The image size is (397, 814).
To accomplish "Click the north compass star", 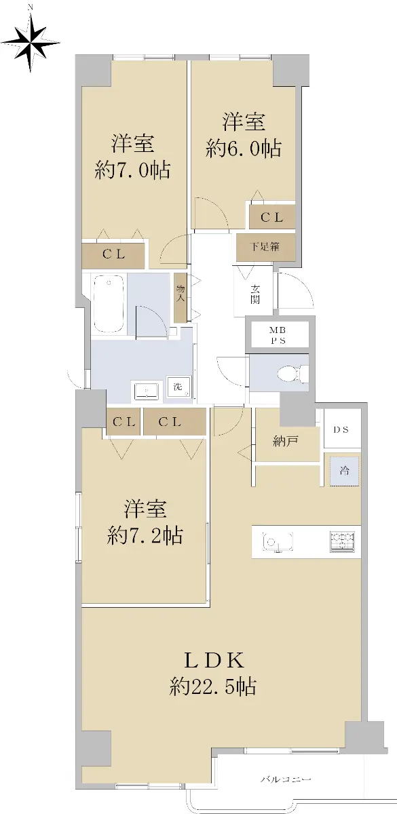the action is pos(31,43).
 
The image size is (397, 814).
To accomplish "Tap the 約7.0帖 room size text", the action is pos(132,170).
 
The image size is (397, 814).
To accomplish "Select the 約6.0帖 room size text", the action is pos(243,148).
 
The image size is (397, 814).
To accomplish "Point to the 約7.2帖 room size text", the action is pos(145,535).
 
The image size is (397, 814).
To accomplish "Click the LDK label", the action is pos(214,661).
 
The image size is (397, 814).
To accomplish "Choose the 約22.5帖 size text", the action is pos(212,686).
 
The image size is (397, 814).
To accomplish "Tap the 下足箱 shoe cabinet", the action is pos(265,247).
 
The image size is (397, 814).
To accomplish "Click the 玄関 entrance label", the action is pos(255,294).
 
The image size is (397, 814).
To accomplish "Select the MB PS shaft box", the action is pos(278,336).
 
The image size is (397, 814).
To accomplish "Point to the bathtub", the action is pos(109,303).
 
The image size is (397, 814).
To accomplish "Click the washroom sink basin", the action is pos(146,391).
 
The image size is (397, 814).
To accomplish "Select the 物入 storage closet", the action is pos(180,298).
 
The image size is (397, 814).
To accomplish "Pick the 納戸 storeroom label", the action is pos(286,441).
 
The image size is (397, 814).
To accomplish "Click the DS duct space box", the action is pos(342,429).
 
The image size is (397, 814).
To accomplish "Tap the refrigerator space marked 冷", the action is pos(344,471).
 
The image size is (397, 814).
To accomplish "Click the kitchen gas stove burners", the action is pos(342,541).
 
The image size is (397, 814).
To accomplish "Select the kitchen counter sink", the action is pos(279,542).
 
